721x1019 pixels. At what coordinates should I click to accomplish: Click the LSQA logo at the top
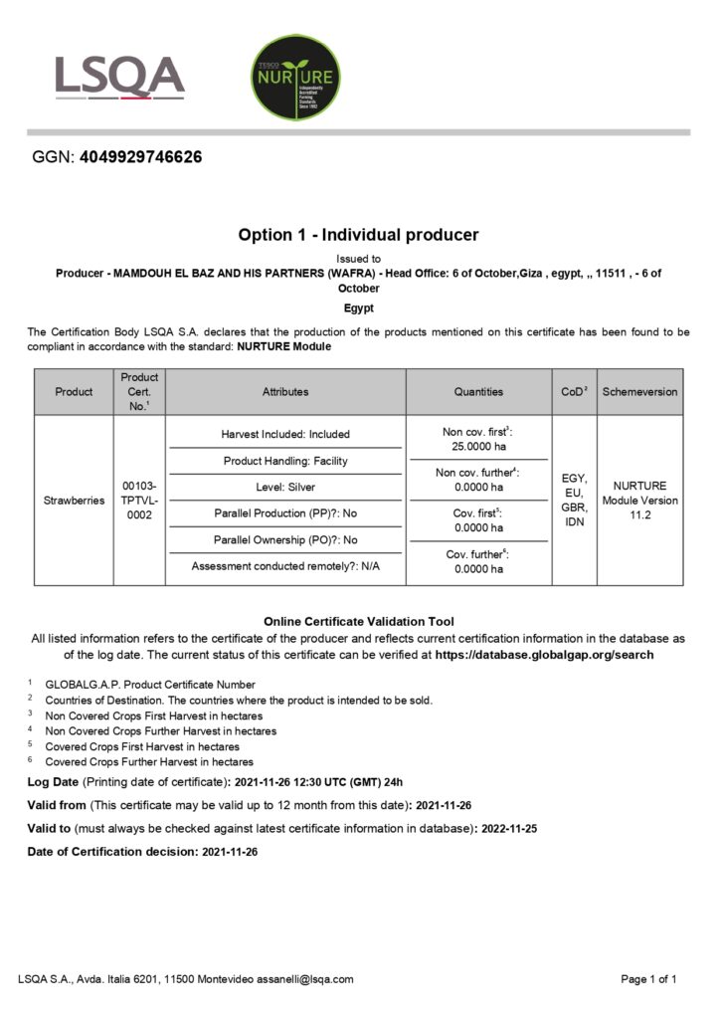click(119, 78)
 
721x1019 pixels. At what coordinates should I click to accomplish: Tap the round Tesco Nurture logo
click(294, 78)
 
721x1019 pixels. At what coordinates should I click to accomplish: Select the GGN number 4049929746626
click(140, 157)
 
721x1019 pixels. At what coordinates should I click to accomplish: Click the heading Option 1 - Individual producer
click(358, 235)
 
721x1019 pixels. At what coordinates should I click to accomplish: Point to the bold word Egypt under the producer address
click(358, 308)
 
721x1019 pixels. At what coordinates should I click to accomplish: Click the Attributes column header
click(285, 392)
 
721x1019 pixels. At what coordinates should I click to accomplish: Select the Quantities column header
click(478, 392)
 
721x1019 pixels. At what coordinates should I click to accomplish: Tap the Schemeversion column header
click(639, 392)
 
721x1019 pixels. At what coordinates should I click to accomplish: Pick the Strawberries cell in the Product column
click(74, 501)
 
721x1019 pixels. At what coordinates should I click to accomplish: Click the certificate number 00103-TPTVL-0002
click(139, 501)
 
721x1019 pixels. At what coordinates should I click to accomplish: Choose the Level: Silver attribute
click(285, 487)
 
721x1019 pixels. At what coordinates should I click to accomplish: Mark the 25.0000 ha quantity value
click(478, 447)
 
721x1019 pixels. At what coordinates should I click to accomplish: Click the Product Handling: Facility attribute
click(285, 461)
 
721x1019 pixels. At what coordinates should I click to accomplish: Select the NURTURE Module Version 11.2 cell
click(639, 501)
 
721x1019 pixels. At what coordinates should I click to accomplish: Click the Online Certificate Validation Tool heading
click(358, 621)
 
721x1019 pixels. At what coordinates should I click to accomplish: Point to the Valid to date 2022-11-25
click(510, 828)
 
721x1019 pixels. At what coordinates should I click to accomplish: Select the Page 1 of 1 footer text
click(648, 979)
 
